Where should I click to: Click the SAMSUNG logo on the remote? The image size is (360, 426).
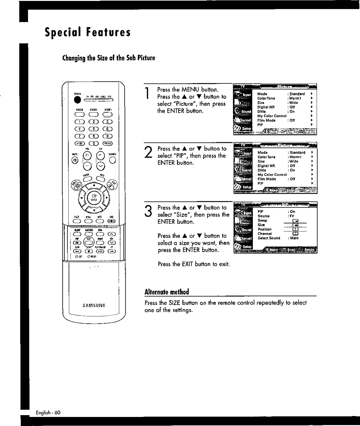pyautogui.click(x=94, y=305)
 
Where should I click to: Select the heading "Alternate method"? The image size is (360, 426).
pyautogui.click(x=167, y=292)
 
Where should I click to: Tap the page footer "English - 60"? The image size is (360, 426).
pyautogui.click(x=48, y=412)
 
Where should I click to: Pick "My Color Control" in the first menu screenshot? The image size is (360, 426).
pyautogui.click(x=272, y=116)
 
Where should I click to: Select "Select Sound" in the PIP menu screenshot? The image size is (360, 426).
pyautogui.click(x=269, y=238)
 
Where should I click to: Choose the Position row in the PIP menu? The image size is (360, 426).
pyautogui.click(x=264, y=229)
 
